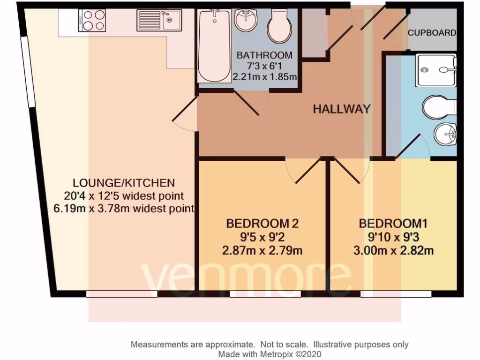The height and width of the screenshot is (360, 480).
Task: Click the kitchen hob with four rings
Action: (x=92, y=20)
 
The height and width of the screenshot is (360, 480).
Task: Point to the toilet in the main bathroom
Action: (x=279, y=27)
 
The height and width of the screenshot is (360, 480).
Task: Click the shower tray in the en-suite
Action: (x=435, y=70)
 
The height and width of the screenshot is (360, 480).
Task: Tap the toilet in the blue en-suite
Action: (x=440, y=107)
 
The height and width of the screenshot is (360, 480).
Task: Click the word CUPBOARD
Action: (x=432, y=33)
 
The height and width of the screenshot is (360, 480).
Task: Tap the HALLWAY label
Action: (x=342, y=109)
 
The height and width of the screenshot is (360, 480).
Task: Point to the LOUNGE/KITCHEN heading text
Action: (x=124, y=183)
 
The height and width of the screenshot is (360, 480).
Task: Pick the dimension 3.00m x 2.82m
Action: (x=393, y=251)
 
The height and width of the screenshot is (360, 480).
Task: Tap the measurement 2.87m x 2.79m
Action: (x=262, y=251)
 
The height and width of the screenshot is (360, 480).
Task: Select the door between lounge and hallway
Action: (x=184, y=115)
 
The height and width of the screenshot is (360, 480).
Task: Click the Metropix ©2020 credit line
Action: (x=269, y=354)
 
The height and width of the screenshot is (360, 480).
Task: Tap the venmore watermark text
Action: (x=246, y=279)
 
